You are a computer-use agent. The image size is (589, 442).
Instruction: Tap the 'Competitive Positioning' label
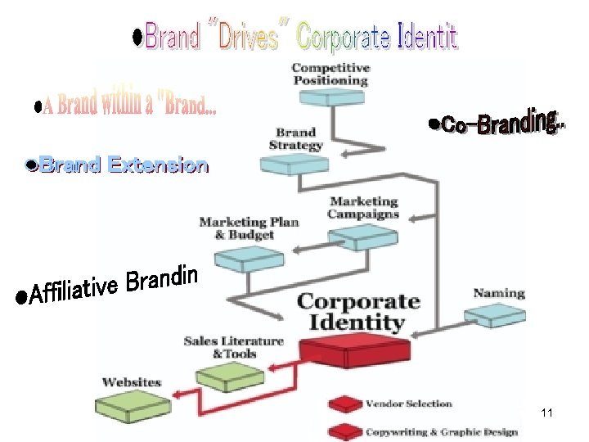point(330,74)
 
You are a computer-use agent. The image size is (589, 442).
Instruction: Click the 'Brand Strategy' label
point(295,139)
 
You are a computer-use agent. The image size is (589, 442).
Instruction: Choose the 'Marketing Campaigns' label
point(363,207)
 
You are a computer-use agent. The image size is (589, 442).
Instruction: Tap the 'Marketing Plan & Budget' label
point(249,228)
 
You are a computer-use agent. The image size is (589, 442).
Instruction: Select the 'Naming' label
point(498,293)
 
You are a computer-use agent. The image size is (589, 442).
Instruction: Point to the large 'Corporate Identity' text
point(357,312)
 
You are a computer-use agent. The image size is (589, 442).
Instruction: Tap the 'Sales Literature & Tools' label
point(234,347)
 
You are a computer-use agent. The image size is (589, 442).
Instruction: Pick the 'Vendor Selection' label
point(408,404)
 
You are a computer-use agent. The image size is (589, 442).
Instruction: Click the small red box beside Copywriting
point(344,431)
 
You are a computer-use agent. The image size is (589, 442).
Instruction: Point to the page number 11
point(547,413)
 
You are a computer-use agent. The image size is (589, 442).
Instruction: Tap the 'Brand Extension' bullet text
point(118,166)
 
